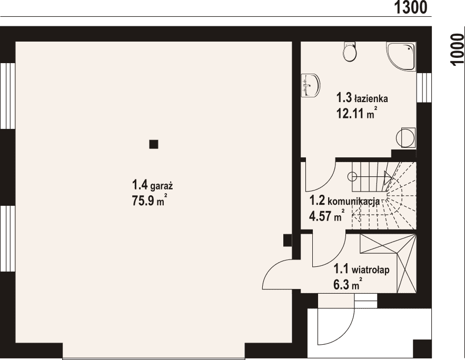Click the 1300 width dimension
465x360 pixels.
click(410, 7)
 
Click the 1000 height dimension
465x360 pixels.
click(457, 49)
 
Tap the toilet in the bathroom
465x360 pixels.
click(349, 52)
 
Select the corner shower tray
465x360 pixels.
click(401, 56)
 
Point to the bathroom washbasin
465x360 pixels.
click(311, 85)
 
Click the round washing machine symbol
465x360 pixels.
click(405, 137)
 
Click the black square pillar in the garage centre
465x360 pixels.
click(154, 144)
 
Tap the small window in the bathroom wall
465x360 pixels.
click(424, 87)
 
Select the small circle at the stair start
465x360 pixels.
click(352, 177)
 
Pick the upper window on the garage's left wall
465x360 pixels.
click(8, 96)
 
